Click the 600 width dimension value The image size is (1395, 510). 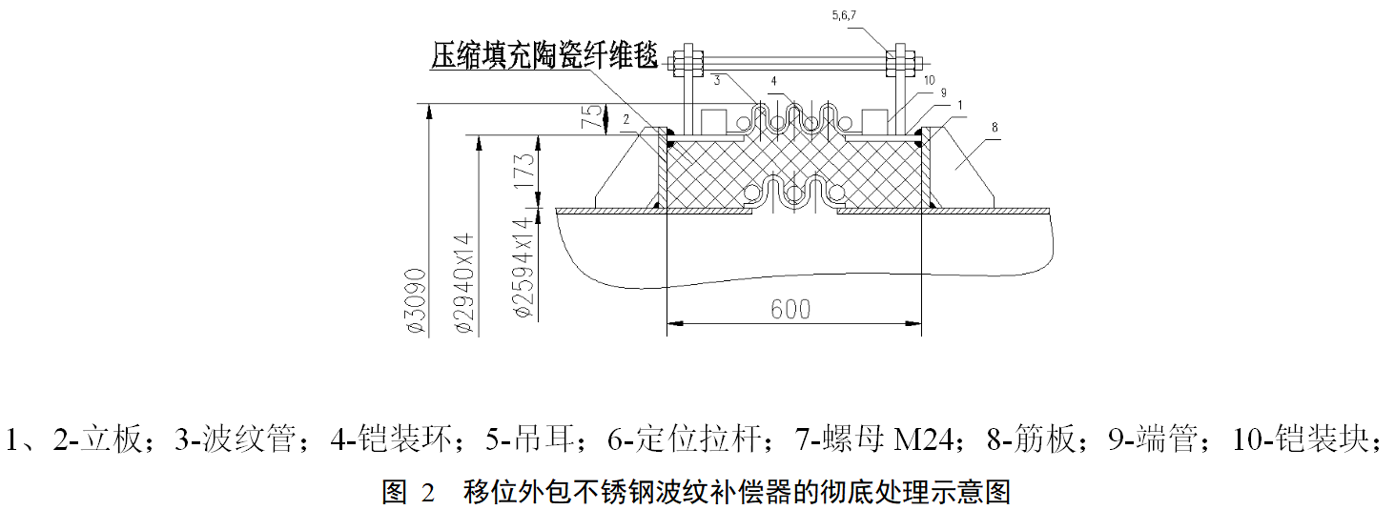(790, 309)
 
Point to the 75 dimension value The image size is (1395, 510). (593, 117)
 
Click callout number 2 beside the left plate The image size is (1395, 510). (626, 119)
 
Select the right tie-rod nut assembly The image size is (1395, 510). (899, 63)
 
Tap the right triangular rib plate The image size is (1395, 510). (963, 173)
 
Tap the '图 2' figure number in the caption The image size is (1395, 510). (408, 493)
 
